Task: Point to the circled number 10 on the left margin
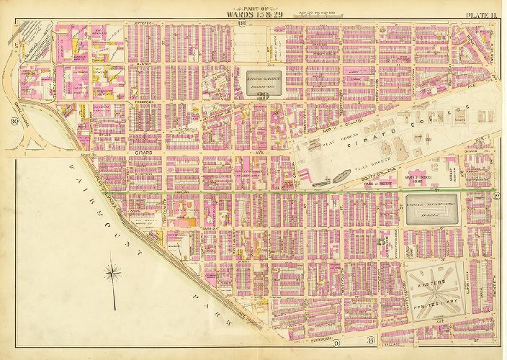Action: coord(14,122)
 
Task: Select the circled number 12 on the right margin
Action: coord(495,197)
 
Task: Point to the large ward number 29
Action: coord(263,95)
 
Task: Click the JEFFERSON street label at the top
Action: coord(145,23)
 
